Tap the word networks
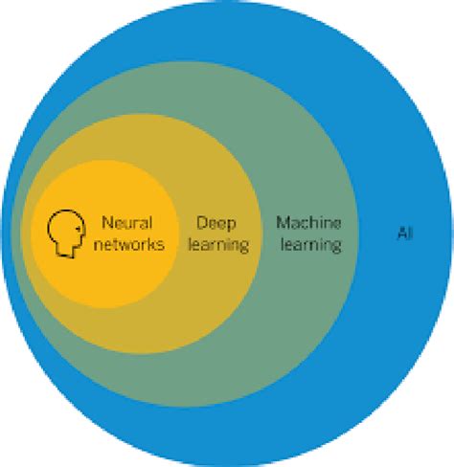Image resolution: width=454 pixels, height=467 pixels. pos(132,244)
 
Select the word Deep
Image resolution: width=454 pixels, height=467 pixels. pos(216,223)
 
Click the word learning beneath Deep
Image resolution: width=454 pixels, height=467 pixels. pos(221,245)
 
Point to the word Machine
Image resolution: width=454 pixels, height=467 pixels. pos(308,223)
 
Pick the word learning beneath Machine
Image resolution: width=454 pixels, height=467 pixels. pos(308,245)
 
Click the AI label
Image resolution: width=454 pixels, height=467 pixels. pos(405,233)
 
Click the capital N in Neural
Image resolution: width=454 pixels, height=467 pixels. pos(105,223)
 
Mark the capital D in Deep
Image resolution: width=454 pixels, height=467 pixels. pos(201,223)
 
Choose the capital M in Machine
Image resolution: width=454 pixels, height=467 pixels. pos(284,223)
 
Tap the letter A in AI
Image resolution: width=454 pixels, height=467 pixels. pos(401,233)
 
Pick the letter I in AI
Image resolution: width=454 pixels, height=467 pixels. pos(411,233)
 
